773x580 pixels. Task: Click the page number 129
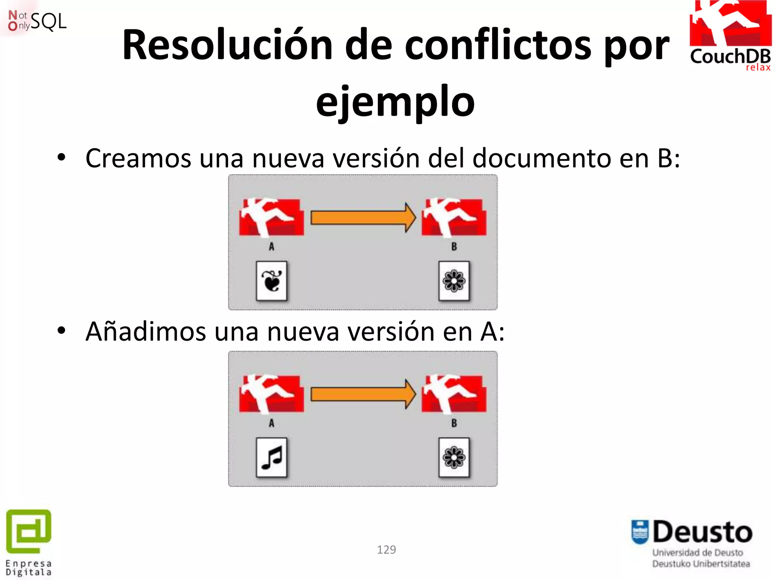386,549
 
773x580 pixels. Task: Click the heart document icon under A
271,281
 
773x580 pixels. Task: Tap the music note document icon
271,457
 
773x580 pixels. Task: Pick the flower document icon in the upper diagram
454,281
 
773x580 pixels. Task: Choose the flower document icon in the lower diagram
454,457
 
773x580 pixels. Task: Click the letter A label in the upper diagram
271,247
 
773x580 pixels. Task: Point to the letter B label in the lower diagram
454,423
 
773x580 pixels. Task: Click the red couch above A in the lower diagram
271,393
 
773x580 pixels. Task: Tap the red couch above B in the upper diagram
454,217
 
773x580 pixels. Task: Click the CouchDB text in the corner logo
730,57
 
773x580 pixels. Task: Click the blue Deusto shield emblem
640,532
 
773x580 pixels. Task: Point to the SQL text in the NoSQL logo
48,21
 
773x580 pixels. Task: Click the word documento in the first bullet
542,158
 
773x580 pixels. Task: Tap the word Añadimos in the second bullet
146,332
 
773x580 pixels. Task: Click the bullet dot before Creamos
62,157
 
